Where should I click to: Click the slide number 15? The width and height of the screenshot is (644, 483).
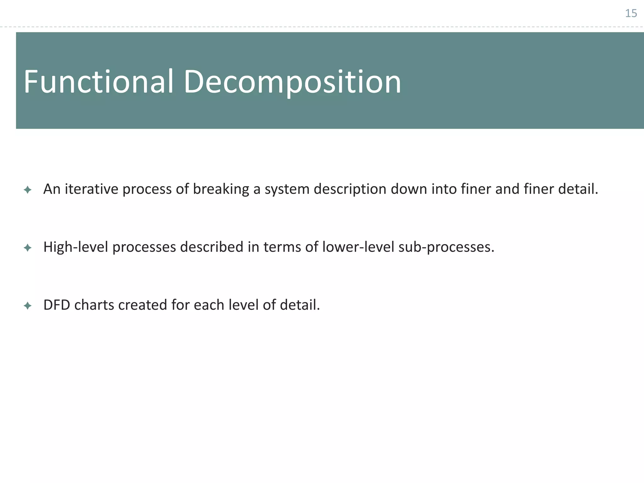631,14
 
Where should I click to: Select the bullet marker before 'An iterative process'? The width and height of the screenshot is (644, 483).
28,190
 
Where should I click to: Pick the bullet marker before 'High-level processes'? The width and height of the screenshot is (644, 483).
28,248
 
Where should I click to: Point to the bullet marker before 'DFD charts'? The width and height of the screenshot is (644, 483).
28,306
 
